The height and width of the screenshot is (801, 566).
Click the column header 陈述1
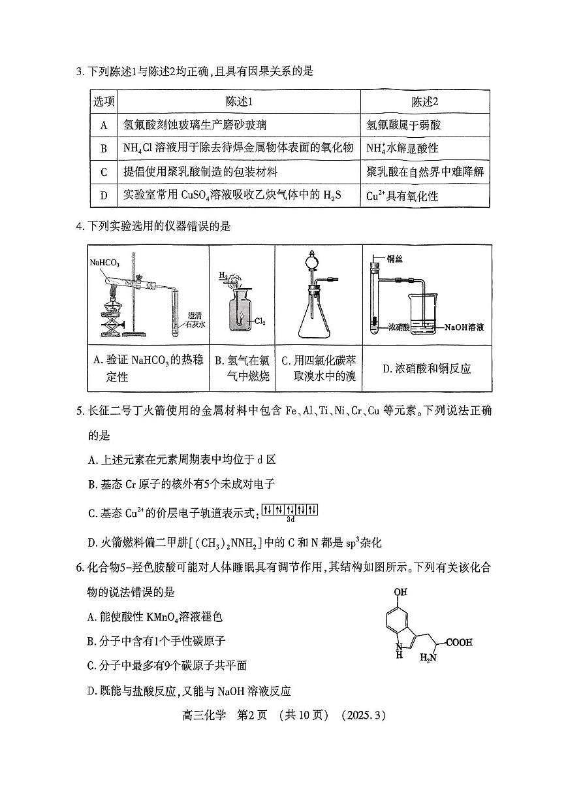pos(238,101)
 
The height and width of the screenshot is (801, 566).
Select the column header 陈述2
pos(424,101)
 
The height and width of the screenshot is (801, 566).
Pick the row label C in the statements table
pos(103,172)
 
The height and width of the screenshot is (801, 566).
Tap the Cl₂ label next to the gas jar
pos(260,321)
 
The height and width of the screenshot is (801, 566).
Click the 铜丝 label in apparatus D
pos(396,259)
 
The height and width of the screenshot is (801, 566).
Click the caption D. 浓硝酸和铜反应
pos(426,369)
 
